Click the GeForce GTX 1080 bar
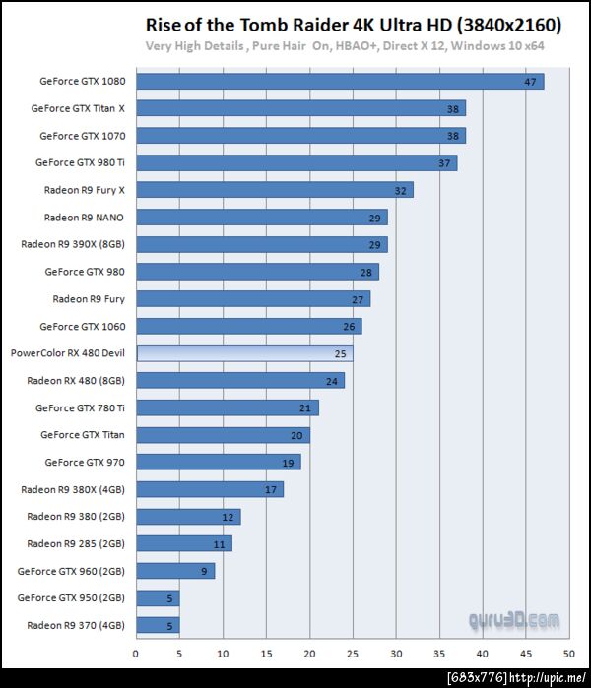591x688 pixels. point(339,81)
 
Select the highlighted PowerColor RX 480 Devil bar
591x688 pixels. point(244,352)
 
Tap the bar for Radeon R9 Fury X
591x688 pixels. point(274,190)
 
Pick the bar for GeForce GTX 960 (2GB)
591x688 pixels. point(174,570)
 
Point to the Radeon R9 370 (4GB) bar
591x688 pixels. point(158,624)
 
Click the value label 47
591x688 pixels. point(530,82)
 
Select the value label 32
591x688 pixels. point(400,190)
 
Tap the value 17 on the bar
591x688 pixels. point(270,489)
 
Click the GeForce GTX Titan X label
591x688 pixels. point(85,108)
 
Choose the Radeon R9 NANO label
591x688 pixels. point(91,217)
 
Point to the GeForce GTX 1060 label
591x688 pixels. point(83,326)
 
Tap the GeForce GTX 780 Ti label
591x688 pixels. point(80,407)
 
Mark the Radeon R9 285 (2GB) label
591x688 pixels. point(76,543)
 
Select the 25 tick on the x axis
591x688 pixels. point(353,652)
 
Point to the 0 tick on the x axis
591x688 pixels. point(136,652)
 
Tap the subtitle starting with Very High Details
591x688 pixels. point(345,46)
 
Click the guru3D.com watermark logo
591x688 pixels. point(514,620)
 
